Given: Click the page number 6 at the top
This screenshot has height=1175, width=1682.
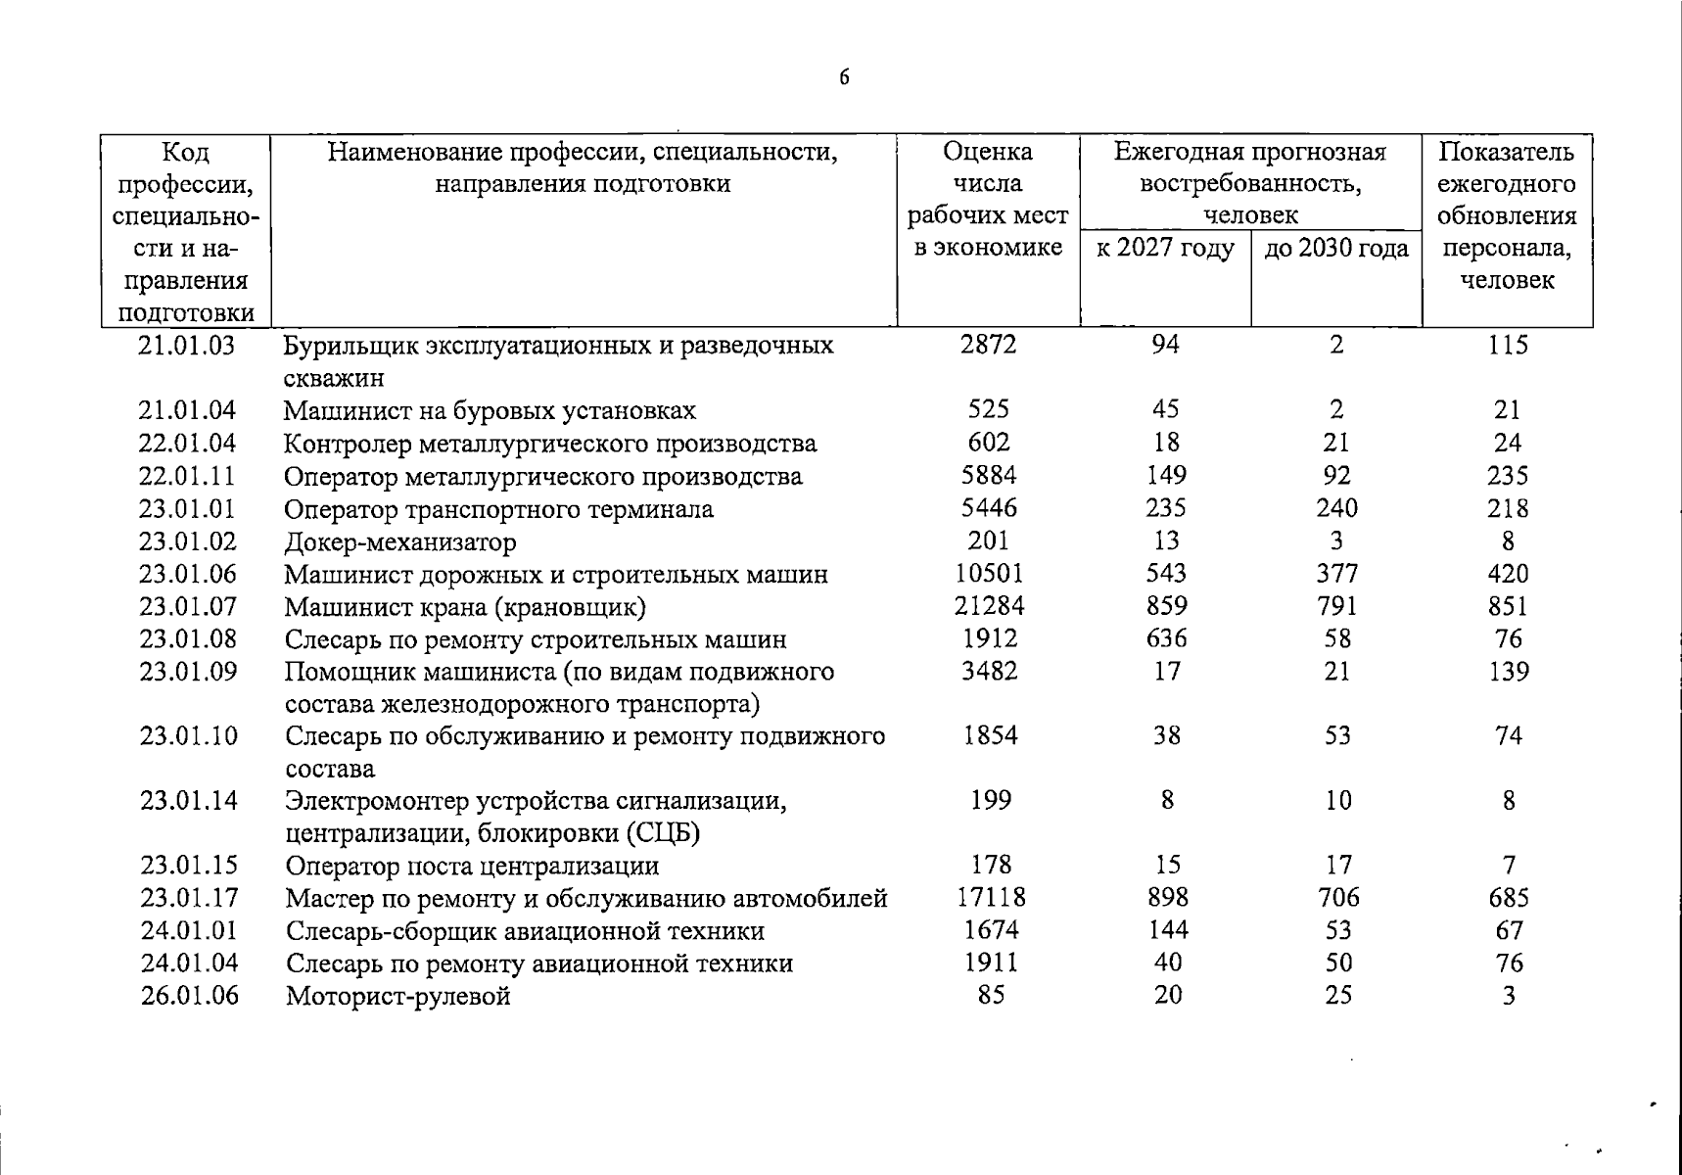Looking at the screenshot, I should click(843, 78).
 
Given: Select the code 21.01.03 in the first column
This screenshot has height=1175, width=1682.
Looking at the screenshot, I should click(187, 345).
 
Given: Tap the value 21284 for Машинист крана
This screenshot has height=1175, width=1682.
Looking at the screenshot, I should click(989, 606).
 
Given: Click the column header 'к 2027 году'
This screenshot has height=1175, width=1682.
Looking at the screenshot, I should click(1165, 249).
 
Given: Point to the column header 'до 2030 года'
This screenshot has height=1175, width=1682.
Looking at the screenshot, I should click(1336, 249).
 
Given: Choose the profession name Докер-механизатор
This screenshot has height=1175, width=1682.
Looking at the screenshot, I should click(399, 541).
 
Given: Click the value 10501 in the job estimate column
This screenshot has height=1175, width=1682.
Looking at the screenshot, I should click(989, 574).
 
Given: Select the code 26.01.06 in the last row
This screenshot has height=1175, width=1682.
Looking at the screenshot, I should click(189, 996).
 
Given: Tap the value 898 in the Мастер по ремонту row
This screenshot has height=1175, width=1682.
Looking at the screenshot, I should click(1166, 898).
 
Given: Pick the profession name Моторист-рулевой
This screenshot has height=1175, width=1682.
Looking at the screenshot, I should click(397, 997).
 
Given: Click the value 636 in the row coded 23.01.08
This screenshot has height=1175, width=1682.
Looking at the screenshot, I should click(1166, 638).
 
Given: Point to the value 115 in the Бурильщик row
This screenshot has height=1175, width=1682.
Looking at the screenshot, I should click(1507, 345).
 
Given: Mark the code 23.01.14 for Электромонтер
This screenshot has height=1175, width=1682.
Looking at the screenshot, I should click(189, 801).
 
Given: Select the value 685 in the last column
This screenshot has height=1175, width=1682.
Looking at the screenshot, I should click(1508, 898).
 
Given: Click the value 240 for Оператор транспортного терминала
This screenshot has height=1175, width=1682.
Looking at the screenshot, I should click(1336, 508).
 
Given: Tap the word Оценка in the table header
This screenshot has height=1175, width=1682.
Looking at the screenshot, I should click(987, 152).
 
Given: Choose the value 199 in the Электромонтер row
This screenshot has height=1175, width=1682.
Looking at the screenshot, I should click(990, 801).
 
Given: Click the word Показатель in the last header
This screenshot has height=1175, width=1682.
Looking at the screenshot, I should click(1506, 152).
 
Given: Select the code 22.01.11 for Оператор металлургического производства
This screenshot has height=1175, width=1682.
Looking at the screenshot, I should click(187, 476).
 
